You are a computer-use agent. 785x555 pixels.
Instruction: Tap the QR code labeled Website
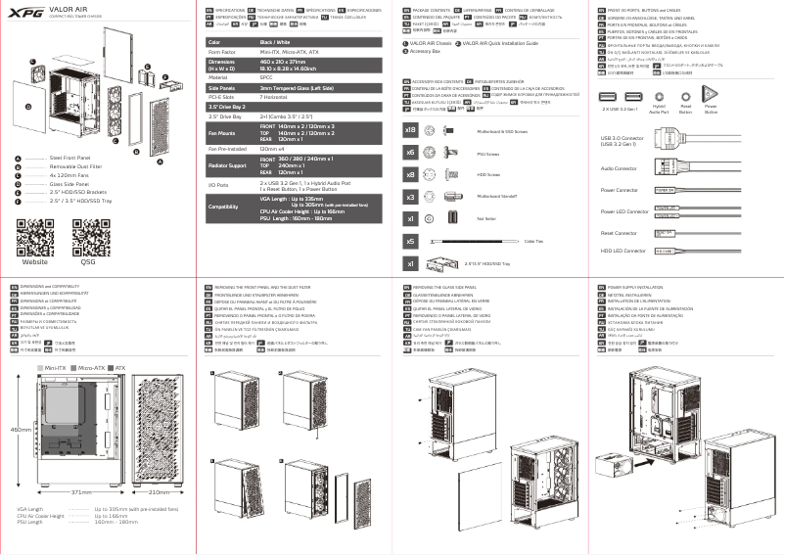point(35,235)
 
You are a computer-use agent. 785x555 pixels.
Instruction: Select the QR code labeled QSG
point(88,235)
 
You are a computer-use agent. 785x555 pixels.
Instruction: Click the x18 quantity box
point(411,129)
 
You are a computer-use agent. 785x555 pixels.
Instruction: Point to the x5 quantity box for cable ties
point(411,241)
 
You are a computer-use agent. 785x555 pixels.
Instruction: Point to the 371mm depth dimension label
point(81,491)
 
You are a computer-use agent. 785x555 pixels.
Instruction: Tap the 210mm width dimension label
point(160,491)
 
